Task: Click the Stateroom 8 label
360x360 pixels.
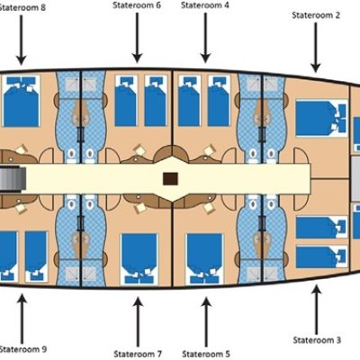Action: point(22,7)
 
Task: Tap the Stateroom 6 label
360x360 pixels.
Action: point(137,5)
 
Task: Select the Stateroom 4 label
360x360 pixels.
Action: point(205,5)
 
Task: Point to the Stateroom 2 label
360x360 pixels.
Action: point(316,15)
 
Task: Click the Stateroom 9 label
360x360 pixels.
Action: point(23,349)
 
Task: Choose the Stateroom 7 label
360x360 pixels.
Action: point(138,354)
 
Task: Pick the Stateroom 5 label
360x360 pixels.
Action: point(206,354)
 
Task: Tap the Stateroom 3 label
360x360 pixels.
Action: point(317,340)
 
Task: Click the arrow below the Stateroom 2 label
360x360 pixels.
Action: point(316,48)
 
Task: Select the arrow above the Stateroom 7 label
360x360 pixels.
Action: point(138,322)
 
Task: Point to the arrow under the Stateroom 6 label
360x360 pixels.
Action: point(137,38)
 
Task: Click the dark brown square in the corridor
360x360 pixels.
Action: point(170,179)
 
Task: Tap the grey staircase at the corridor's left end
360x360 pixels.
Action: point(12,179)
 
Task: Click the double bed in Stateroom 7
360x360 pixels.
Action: point(139,259)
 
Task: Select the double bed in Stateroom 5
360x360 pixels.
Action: point(204,259)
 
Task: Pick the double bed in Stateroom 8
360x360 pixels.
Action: point(21,101)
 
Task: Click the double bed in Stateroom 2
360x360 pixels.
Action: point(321,119)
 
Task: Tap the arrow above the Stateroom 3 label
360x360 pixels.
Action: point(316,310)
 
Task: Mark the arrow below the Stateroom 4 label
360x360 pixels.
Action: point(205,38)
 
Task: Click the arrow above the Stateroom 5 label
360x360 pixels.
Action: point(206,322)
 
